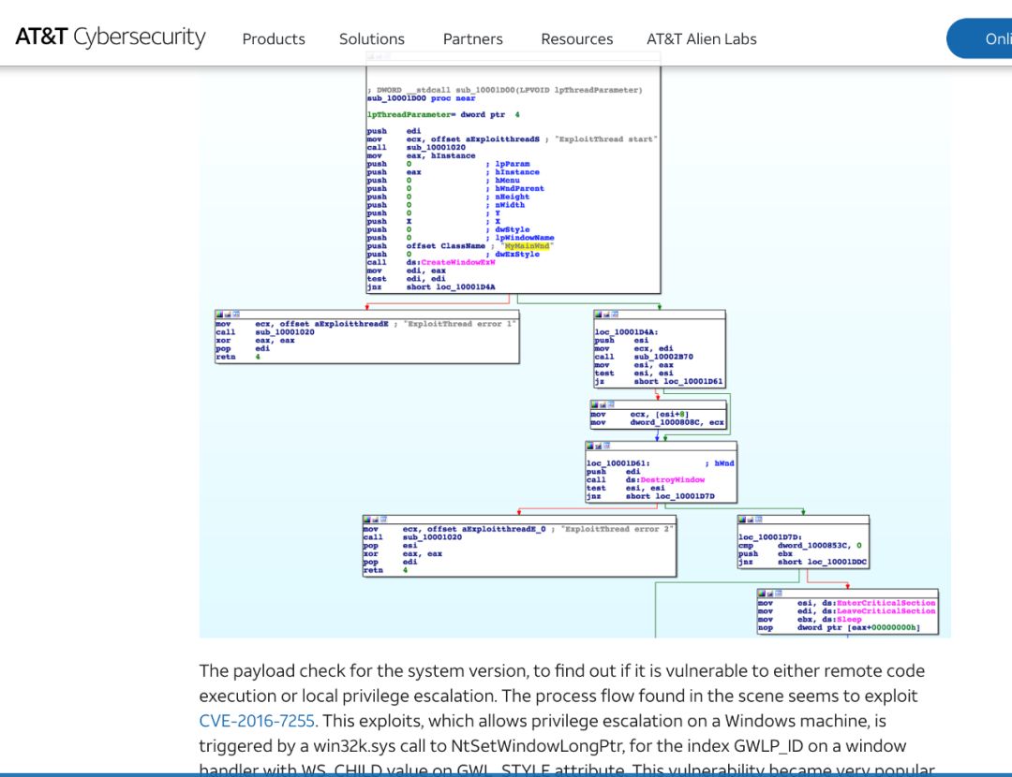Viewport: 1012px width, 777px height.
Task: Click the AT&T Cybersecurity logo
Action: click(111, 37)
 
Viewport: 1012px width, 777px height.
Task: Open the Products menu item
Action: click(274, 39)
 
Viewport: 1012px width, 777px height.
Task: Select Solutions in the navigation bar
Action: click(372, 39)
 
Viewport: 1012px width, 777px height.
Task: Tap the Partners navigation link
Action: click(473, 39)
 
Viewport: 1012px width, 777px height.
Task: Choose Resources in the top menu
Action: click(577, 39)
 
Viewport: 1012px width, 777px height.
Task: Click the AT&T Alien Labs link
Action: click(702, 39)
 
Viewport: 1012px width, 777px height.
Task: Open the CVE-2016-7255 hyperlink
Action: click(257, 721)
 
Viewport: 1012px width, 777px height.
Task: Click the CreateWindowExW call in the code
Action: click(458, 263)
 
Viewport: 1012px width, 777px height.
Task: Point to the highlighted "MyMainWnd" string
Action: click(528, 246)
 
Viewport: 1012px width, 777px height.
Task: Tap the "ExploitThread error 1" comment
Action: click(460, 324)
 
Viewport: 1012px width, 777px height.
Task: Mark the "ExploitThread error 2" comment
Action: click(618, 529)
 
